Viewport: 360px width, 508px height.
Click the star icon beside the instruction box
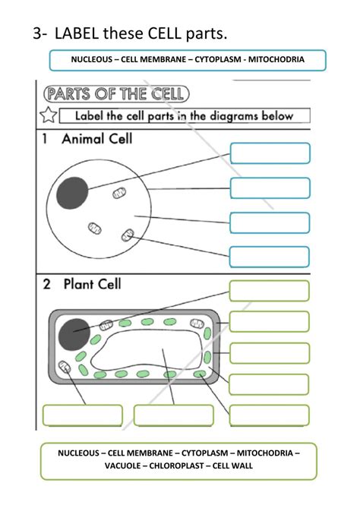click(48, 116)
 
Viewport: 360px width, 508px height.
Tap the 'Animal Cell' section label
click(96, 139)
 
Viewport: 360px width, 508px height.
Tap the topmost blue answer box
click(270, 153)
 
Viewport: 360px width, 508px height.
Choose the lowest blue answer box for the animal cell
click(270, 257)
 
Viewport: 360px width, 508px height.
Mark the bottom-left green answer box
click(82, 415)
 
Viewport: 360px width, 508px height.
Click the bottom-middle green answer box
click(173, 415)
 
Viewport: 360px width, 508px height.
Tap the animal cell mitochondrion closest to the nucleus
click(119, 194)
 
